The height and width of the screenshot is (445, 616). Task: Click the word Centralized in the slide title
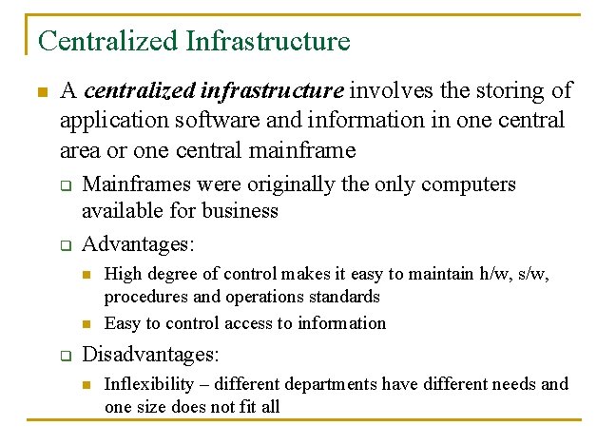coord(107,41)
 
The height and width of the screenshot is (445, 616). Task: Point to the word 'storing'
coord(494,91)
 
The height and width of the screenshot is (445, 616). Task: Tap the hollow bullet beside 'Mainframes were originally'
coord(67,185)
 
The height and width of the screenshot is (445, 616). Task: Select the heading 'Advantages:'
coord(138,244)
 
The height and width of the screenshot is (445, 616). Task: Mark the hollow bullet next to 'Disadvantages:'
coord(67,357)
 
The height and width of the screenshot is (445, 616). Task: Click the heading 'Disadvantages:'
coord(151,355)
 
